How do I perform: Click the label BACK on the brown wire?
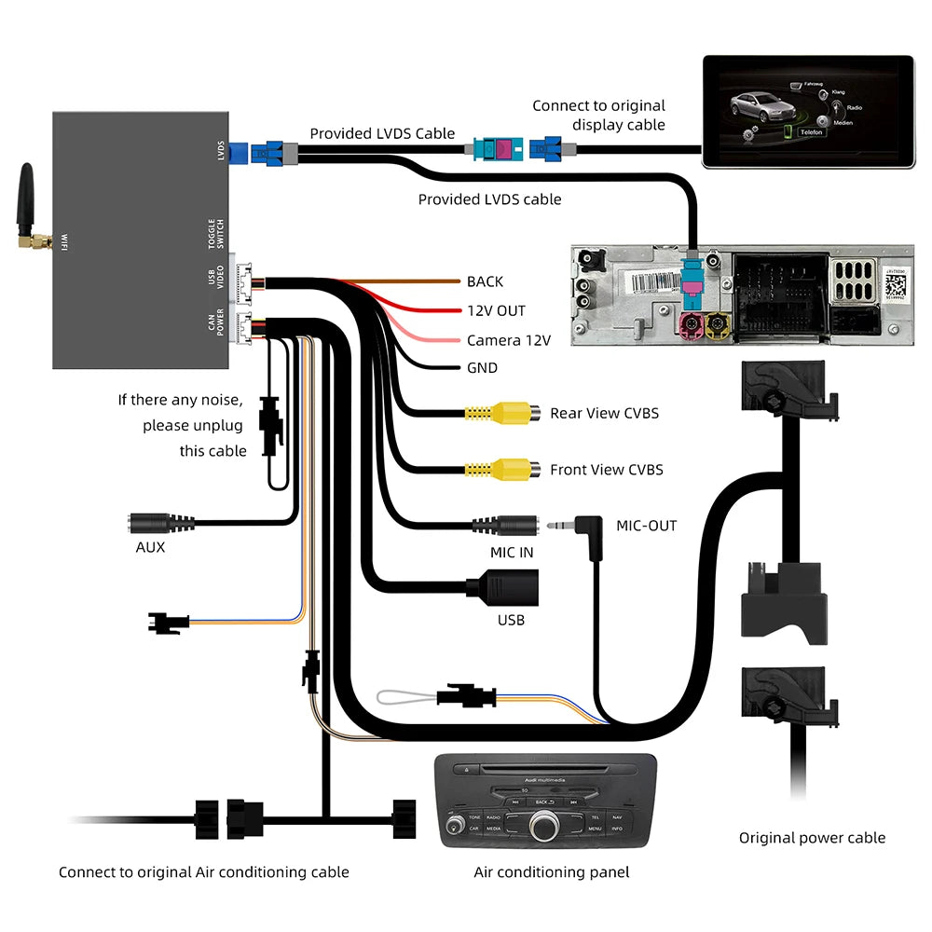click(485, 281)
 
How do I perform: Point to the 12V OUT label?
click(496, 310)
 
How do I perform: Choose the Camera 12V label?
click(508, 340)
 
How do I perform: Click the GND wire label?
click(482, 368)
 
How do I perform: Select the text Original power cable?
click(812, 838)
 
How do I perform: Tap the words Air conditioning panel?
click(551, 872)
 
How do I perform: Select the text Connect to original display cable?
click(598, 115)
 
